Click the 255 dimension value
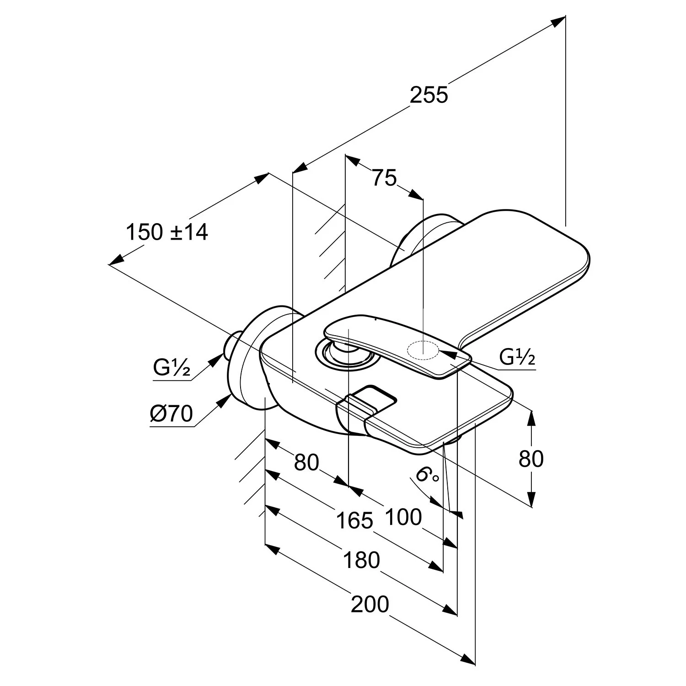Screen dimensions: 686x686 pyautogui.click(x=429, y=96)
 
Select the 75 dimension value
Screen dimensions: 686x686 pyautogui.click(x=384, y=178)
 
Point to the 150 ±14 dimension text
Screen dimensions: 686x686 pyautogui.click(x=167, y=232)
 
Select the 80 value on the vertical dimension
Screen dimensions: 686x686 pyautogui.click(x=531, y=459)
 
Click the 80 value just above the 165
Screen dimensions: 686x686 pyautogui.click(x=306, y=462)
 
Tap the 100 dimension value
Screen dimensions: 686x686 pyautogui.click(x=403, y=517)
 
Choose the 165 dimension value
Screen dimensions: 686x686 pyautogui.click(x=355, y=520)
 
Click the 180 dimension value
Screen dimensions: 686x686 pyautogui.click(x=361, y=560)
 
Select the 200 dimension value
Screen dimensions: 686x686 pyautogui.click(x=370, y=604)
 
